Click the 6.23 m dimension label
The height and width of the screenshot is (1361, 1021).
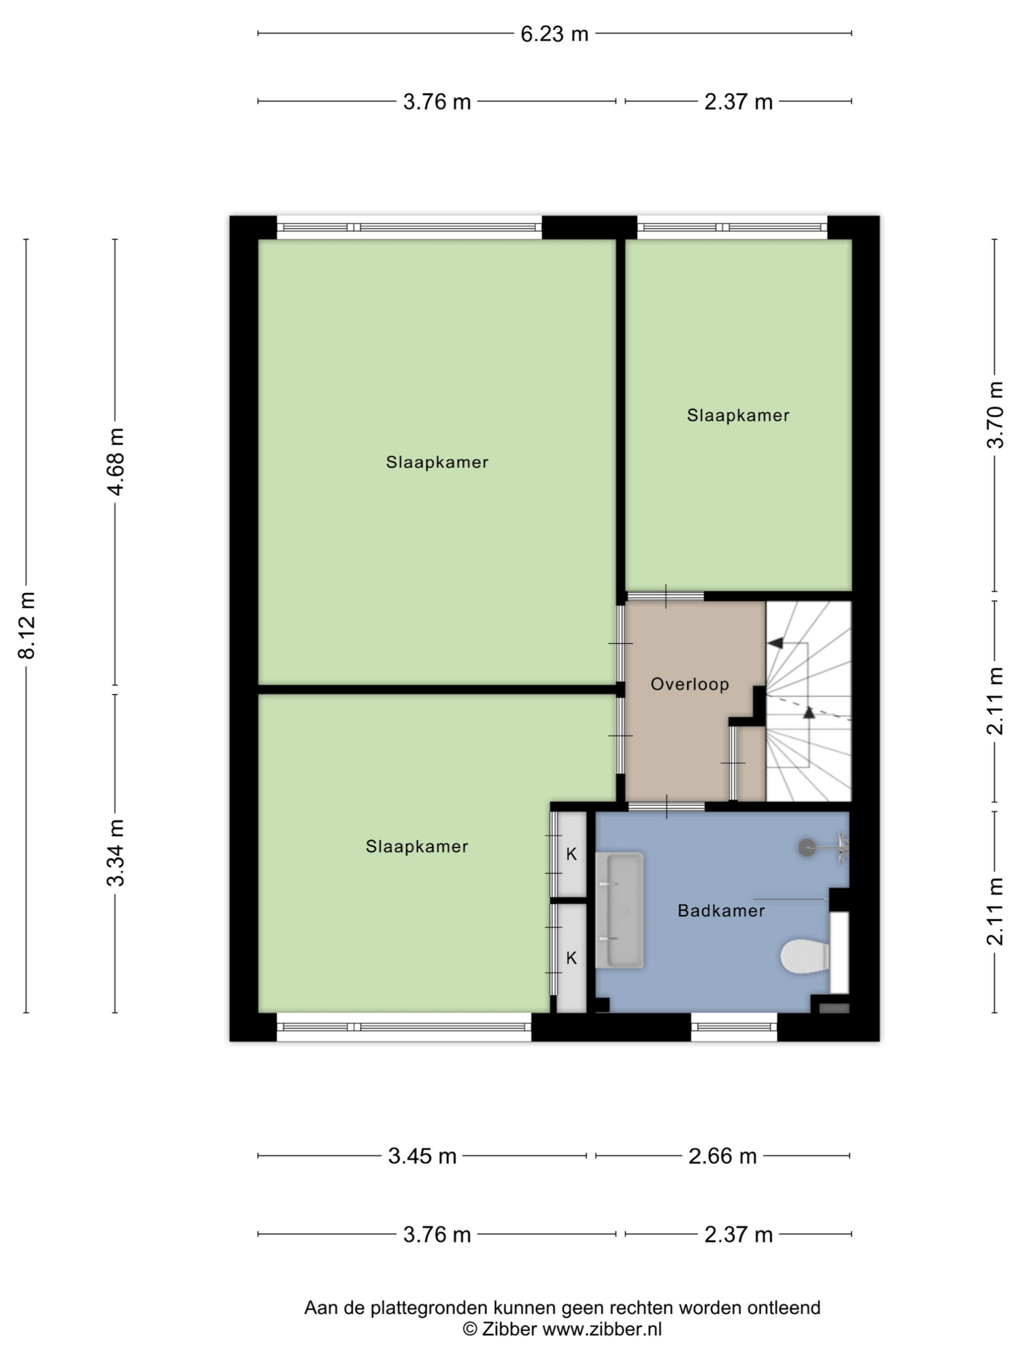coord(554,33)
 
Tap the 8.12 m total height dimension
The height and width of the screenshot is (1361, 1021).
coord(26,625)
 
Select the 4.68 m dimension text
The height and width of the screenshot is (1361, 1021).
coord(115,462)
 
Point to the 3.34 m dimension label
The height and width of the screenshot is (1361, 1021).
coord(115,853)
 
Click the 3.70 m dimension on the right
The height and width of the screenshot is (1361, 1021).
coord(995,415)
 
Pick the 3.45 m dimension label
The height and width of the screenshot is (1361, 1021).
coord(422,1156)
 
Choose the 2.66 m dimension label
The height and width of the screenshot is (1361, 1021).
coord(722,1156)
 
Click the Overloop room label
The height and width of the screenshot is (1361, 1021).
coord(689,684)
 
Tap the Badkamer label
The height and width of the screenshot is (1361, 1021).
coord(721,910)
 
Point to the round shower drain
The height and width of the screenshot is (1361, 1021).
coord(807,847)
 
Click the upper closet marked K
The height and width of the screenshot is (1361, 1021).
coord(572,854)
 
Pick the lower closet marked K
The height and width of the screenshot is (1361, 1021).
coord(572,958)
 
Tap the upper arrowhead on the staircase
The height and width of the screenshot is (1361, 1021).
coord(775,643)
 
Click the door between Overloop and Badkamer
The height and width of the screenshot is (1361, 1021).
coord(667,807)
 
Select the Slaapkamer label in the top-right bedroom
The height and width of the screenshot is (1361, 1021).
coord(738,415)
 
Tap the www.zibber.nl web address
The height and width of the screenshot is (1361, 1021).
coord(602,1329)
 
